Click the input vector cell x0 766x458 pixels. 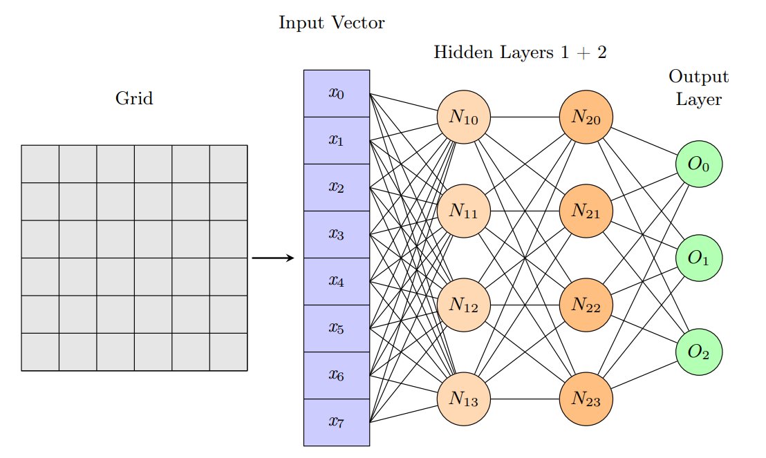pyautogui.click(x=337, y=94)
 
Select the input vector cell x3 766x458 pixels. pyautogui.click(x=337, y=234)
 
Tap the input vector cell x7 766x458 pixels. pyautogui.click(x=337, y=422)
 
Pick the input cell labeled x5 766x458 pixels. pyautogui.click(x=337, y=328)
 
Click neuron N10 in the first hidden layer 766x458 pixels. pyautogui.click(x=464, y=117)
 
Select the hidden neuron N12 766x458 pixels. pyautogui.click(x=464, y=305)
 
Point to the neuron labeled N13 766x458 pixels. pyautogui.click(x=464, y=399)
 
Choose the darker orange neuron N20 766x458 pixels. pyautogui.click(x=586, y=117)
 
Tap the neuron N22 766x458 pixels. pyautogui.click(x=586, y=305)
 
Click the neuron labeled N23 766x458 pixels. pyautogui.click(x=586, y=399)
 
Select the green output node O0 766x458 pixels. pyautogui.click(x=698, y=164)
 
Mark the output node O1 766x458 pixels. pyautogui.click(x=698, y=258)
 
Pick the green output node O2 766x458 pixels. pyautogui.click(x=698, y=352)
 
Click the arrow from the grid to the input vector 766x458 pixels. pyautogui.click(x=273, y=258)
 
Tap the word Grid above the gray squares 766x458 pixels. pyautogui.click(x=134, y=98)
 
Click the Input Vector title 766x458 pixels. pyautogui.click(x=332, y=23)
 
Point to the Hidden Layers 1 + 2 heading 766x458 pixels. pyautogui.click(x=521, y=53)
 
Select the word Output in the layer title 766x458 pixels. pyautogui.click(x=698, y=77)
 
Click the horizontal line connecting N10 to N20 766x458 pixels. pyautogui.click(x=525, y=117)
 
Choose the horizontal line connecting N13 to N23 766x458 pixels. pyautogui.click(x=525, y=399)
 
